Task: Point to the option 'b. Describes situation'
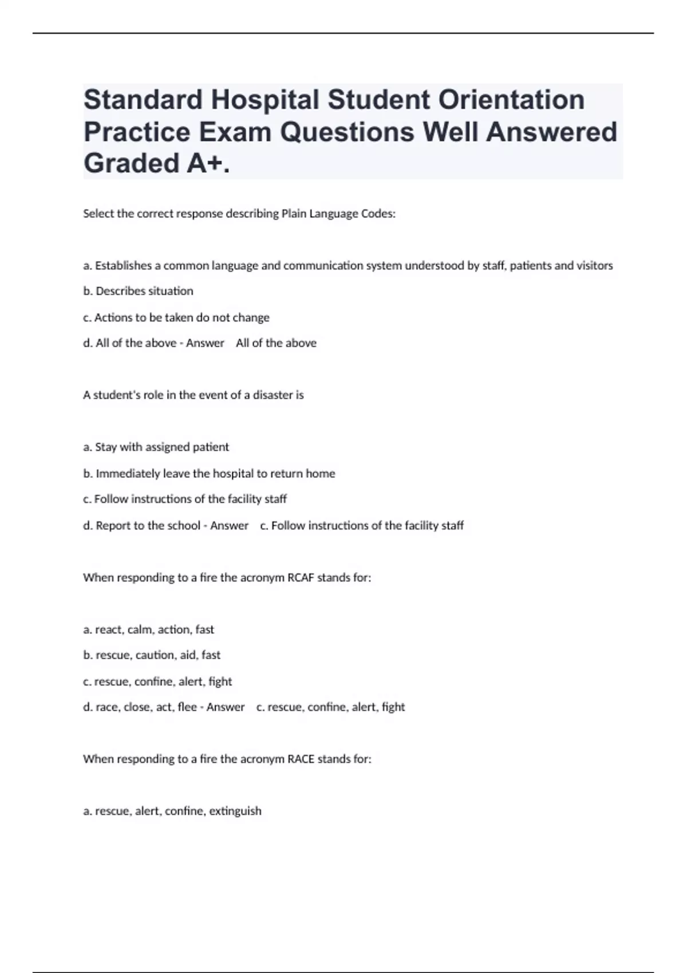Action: pyautogui.click(x=138, y=291)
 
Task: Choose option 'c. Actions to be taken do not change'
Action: pyautogui.click(x=176, y=318)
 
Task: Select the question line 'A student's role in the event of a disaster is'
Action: pyautogui.click(x=194, y=395)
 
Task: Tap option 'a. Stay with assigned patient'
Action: pyautogui.click(x=156, y=447)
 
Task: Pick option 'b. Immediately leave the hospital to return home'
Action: pyautogui.click(x=209, y=473)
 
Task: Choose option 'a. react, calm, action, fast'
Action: pyautogui.click(x=149, y=630)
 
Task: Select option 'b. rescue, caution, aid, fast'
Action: pyautogui.click(x=152, y=655)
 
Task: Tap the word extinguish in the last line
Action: pyautogui.click(x=235, y=811)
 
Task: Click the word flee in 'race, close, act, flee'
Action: pyautogui.click(x=187, y=707)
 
